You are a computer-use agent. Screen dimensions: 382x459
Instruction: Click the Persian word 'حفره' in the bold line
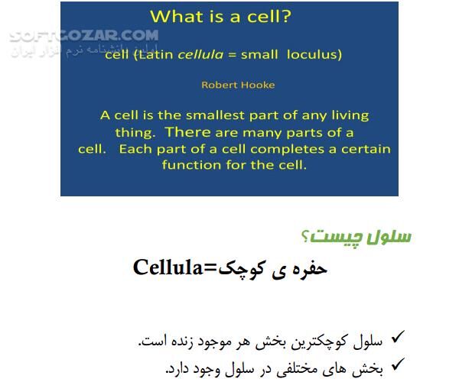point(309,267)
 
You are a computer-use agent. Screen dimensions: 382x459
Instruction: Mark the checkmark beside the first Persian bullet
point(396,337)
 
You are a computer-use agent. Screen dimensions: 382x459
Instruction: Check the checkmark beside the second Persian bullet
point(396,365)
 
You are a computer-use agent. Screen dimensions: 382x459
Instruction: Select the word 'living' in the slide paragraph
point(348,115)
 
